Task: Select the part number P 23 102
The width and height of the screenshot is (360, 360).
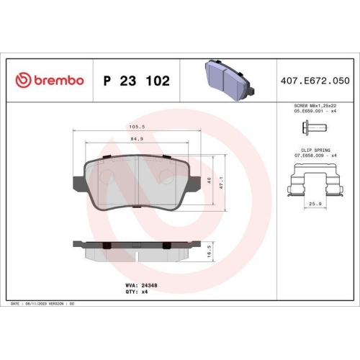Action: click(x=137, y=81)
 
